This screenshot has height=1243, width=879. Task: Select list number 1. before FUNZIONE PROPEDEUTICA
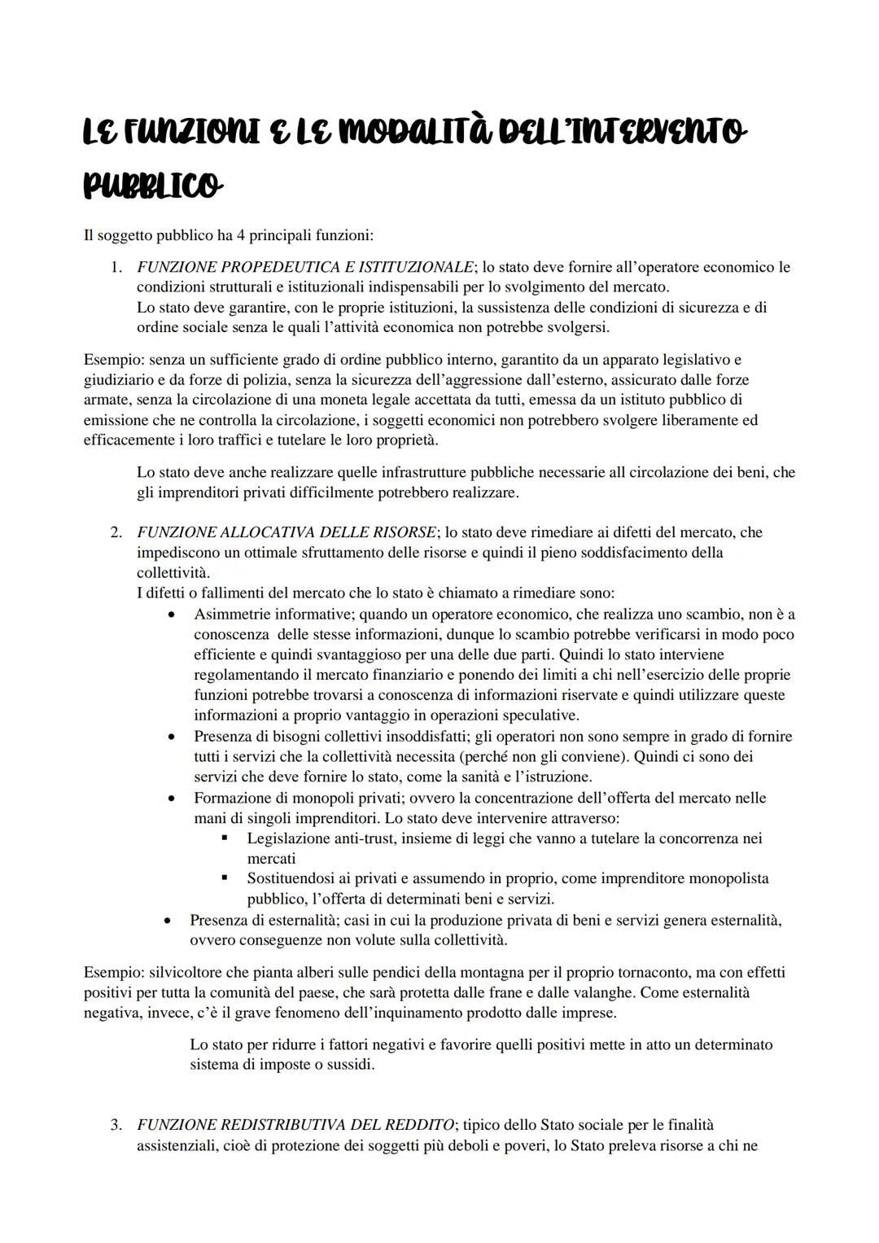[x=117, y=267]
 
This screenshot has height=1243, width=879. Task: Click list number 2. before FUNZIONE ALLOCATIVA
[x=117, y=532]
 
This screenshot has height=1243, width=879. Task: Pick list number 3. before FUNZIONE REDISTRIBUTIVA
[x=117, y=1125]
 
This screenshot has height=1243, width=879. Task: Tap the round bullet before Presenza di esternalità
[x=167, y=920]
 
